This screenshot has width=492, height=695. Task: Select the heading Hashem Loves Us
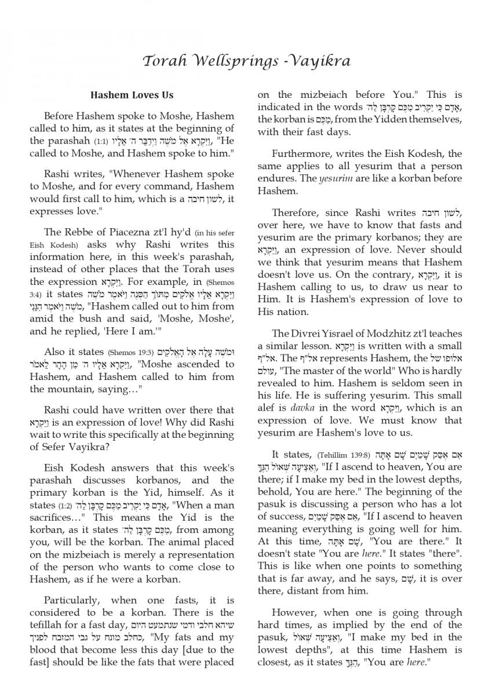click(132, 95)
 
